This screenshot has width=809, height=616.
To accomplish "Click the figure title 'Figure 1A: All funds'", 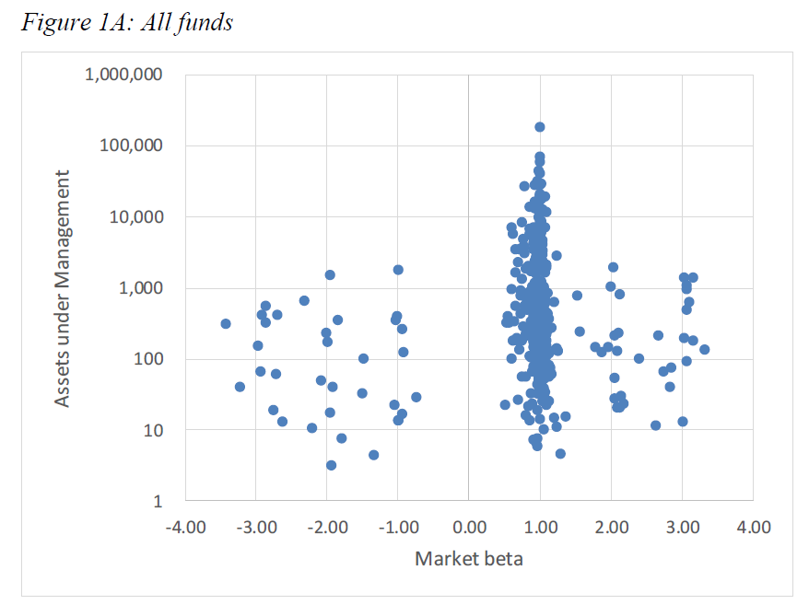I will coord(126,23).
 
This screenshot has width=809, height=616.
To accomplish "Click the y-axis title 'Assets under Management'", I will coord(62,287).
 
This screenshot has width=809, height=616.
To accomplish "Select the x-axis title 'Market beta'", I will coord(469,558).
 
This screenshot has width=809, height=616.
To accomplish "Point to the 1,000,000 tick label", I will coord(123,75).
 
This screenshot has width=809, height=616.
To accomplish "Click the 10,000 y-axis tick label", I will coord(135,216).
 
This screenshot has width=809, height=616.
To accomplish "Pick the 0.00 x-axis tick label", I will coord(469,528).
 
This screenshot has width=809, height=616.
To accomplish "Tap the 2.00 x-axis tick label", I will coord(611,528).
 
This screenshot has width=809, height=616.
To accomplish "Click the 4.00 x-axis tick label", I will coord(754,528).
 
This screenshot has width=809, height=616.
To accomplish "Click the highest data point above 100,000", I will coord(540,127).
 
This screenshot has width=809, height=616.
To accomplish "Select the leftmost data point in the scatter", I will coord(226,323).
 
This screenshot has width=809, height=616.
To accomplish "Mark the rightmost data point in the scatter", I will coord(704,349).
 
